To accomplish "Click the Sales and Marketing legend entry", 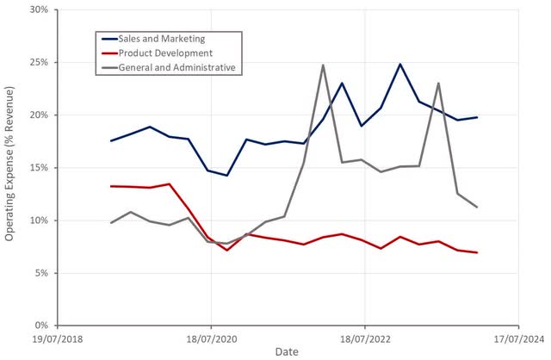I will point(162,39).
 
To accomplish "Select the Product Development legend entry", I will point(162,53).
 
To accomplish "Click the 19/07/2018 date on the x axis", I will point(57,338).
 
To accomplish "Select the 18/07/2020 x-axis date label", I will point(210,338).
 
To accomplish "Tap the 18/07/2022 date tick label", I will point(364,338).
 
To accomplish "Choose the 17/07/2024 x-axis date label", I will point(517,338).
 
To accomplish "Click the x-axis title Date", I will point(288,351).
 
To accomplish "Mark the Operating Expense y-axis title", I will point(9,169).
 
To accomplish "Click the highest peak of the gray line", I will point(323,65).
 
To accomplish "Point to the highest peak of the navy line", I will point(400,65).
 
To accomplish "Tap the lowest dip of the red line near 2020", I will point(227,250).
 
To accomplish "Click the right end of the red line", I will point(477,252).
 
